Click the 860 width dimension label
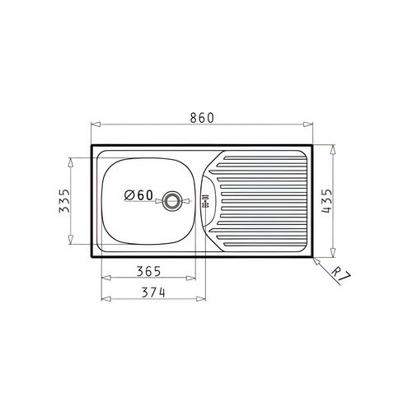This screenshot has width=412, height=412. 202,118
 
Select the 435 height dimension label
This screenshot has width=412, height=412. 327,201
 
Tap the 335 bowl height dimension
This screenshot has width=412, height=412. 65,201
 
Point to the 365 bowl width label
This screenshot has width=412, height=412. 148,272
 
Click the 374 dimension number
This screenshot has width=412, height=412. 153,293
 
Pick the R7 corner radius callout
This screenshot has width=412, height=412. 340,274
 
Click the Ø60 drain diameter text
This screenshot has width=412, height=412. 138,195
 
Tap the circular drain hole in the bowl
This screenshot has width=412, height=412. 172,201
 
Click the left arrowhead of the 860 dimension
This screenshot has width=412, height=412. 96,124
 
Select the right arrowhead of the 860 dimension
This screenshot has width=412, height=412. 308,124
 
